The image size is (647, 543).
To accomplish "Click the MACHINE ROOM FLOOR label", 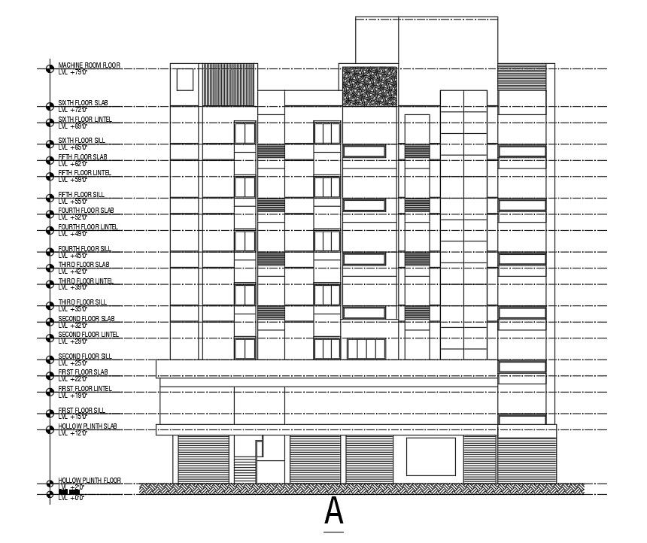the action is click(89, 65).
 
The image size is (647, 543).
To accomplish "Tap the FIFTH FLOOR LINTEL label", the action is click(84, 173).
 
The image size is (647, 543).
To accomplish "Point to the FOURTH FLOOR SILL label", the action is click(84, 248).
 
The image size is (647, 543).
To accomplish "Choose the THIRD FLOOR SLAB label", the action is click(84, 265).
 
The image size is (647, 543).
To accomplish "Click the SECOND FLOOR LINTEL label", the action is click(88, 335).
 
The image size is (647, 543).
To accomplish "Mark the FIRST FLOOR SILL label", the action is click(81, 410).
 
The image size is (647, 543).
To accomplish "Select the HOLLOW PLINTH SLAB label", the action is click(87, 426).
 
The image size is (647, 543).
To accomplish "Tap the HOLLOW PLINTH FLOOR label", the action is click(90, 480).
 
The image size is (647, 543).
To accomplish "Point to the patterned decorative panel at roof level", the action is click(369, 86).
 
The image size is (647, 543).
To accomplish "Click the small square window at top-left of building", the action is click(184, 79).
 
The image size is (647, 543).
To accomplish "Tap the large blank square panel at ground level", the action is click(430, 457).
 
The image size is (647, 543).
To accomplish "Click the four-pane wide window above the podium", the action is click(366, 349).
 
